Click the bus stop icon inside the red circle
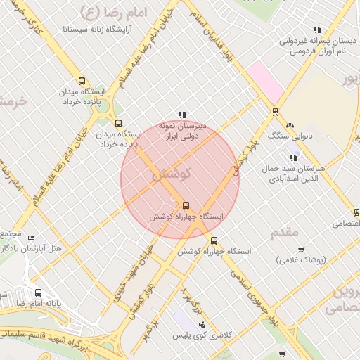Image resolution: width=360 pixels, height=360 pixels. click(186, 206)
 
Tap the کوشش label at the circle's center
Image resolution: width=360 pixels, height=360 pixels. click(169, 175)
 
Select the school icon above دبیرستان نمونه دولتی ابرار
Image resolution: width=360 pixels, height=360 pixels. click(182, 114)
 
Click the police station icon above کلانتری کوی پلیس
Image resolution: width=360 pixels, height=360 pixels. click(202, 325)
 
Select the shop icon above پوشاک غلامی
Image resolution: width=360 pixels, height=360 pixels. click(301, 249)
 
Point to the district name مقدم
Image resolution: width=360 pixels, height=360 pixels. click(284, 231)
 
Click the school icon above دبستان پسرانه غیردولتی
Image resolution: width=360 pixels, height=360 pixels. click(317, 30)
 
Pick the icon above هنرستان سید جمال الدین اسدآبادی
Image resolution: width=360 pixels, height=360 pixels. click(293, 157)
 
